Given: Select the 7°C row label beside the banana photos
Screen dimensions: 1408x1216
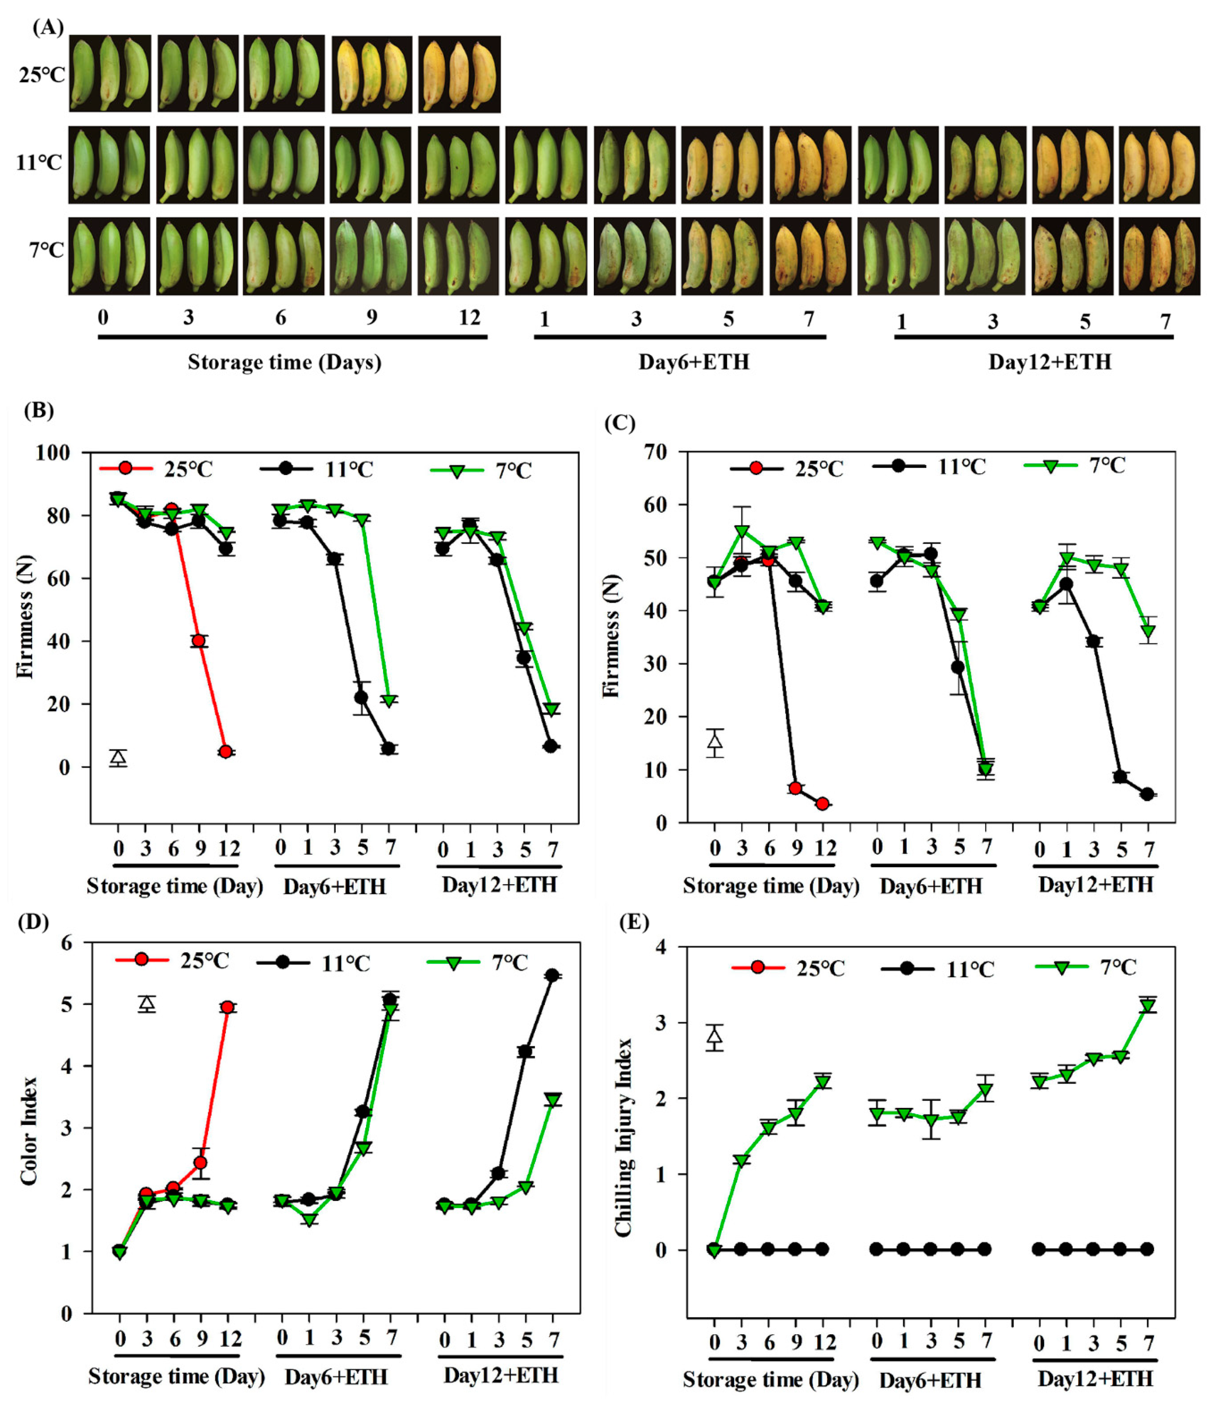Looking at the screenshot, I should point(46,251).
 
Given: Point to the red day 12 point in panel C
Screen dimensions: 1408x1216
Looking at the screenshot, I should point(823,804).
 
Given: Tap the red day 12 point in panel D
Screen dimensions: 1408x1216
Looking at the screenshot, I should point(228,1007).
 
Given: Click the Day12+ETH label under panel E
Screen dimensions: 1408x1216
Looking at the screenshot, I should point(1095,1379).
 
